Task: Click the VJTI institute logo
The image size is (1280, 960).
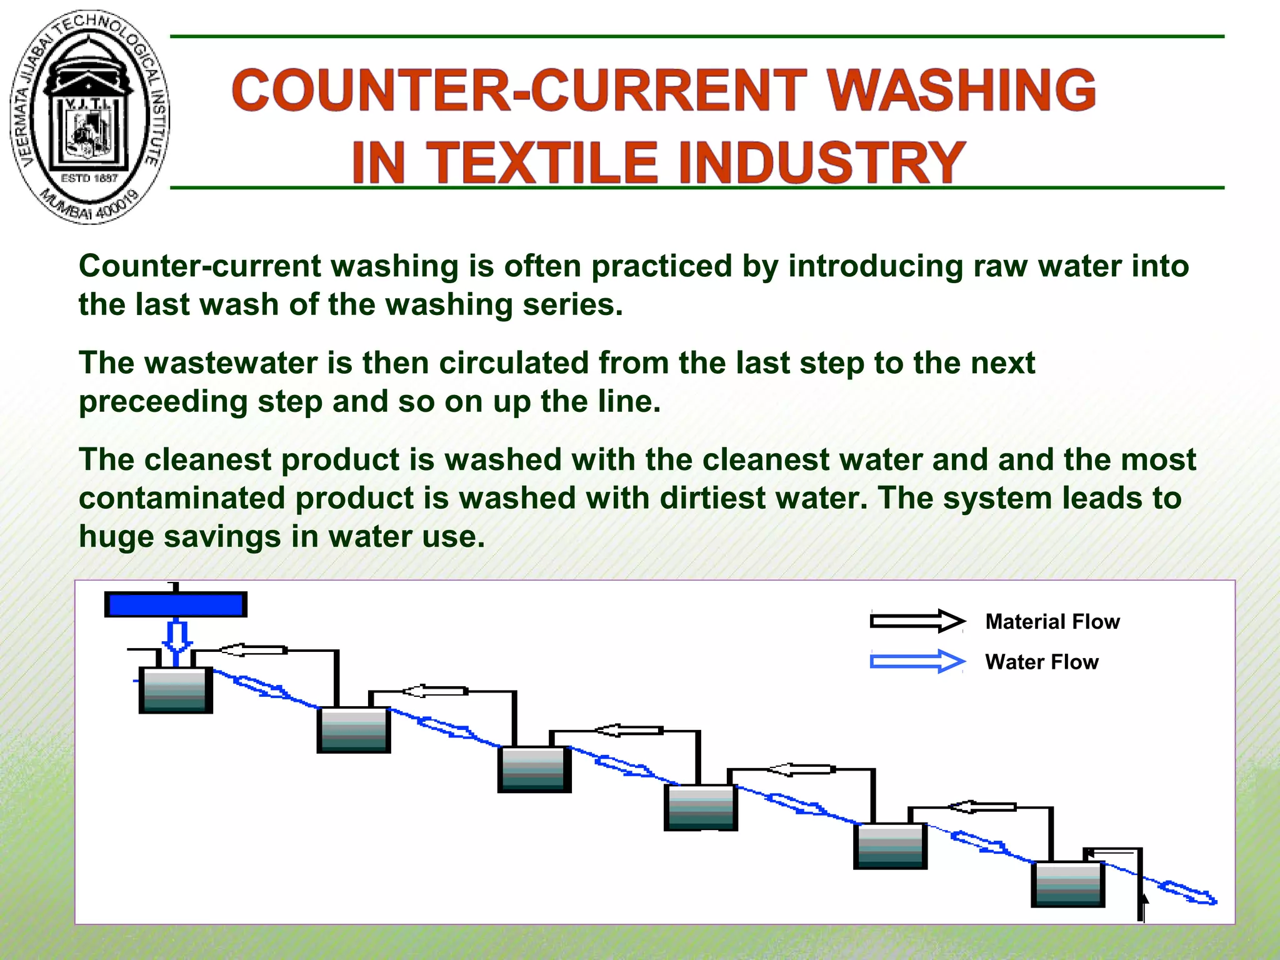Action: pos(89,117)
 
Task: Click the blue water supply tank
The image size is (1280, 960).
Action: pos(176,604)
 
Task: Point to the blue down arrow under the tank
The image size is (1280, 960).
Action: pos(177,636)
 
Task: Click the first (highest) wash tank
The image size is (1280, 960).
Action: pos(176,690)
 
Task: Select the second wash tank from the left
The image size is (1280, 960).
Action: pos(354,729)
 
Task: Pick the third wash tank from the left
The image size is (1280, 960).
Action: pos(534,769)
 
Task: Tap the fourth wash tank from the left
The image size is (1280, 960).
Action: pos(701,807)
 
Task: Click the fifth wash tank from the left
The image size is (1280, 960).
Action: pos(890,846)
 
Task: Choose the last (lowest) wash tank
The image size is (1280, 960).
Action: pos(1067,884)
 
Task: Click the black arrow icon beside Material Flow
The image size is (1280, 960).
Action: pos(917,621)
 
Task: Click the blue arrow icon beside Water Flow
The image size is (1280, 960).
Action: pos(917,661)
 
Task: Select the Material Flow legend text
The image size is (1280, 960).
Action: pos(1052,622)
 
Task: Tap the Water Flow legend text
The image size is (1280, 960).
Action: pos(1042,662)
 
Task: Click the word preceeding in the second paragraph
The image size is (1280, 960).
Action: pos(163,402)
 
